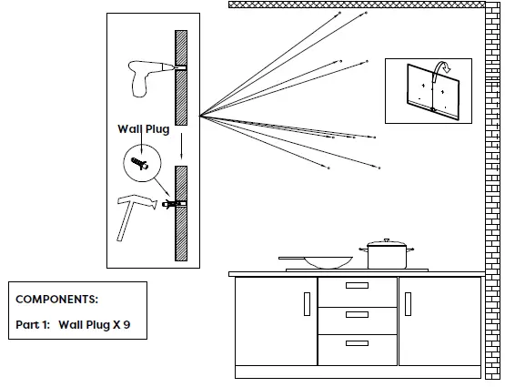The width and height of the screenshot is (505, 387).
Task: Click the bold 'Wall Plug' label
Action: point(143,129)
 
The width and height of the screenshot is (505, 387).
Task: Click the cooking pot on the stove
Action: point(388,255)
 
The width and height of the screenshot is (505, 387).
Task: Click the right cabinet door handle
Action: point(408,303)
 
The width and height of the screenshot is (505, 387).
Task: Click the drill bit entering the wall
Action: point(178,67)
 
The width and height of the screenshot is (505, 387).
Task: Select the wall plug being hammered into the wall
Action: point(170,203)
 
